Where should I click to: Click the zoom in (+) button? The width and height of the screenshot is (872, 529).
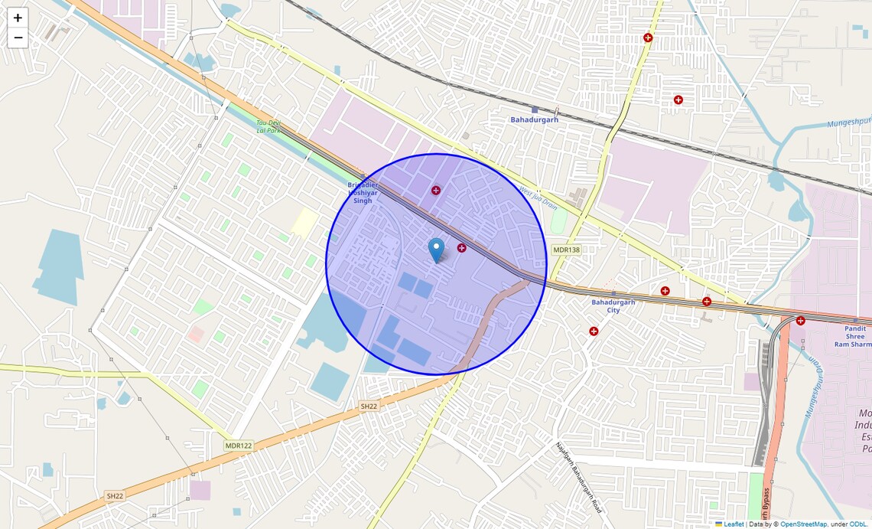click(18, 18)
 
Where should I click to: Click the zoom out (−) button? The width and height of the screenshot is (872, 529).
click(18, 38)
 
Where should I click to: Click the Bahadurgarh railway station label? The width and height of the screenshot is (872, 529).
click(534, 119)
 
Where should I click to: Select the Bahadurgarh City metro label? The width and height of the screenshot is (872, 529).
click(613, 305)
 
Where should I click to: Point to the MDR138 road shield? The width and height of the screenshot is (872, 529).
click(566, 250)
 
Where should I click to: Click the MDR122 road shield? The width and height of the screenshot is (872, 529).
click(238, 445)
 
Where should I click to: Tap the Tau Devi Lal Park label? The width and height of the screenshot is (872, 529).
click(268, 126)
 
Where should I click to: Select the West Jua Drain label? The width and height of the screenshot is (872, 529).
click(538, 199)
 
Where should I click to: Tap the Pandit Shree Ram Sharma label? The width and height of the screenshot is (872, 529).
click(855, 336)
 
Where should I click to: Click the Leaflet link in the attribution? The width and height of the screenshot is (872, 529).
click(734, 524)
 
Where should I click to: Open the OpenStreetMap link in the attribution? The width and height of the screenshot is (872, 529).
click(803, 524)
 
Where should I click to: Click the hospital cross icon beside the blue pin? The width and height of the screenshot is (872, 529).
click(461, 247)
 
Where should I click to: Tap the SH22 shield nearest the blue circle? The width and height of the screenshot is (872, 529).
click(369, 406)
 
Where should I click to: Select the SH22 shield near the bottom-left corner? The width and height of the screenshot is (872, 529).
click(115, 496)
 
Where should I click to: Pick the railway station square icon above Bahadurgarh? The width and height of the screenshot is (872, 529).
click(535, 110)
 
